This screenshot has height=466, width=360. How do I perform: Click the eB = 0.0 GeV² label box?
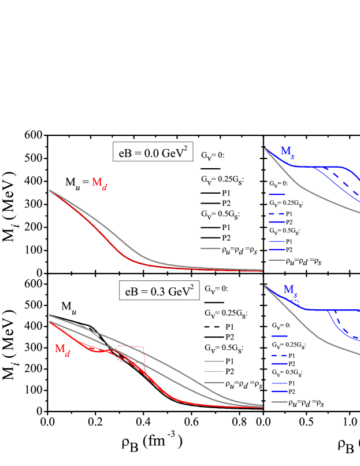click(152, 153)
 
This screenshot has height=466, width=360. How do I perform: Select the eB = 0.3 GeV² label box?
click(159, 291)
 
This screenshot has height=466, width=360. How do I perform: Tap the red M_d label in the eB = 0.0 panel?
click(99, 183)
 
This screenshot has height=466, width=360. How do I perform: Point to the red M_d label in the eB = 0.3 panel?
click(62, 349)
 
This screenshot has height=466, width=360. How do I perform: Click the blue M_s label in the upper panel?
click(287, 151)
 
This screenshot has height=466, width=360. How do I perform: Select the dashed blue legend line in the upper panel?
click(276, 214)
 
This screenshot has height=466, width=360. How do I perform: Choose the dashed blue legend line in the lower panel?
click(280, 356)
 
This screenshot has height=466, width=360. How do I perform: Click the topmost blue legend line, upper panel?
click(276, 195)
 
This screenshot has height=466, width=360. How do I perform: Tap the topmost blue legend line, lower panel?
click(280, 336)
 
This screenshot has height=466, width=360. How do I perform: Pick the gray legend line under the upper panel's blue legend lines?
click(276, 260)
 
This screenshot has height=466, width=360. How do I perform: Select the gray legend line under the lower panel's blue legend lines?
click(280, 402)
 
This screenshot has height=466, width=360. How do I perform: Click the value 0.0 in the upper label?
click(146, 154)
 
